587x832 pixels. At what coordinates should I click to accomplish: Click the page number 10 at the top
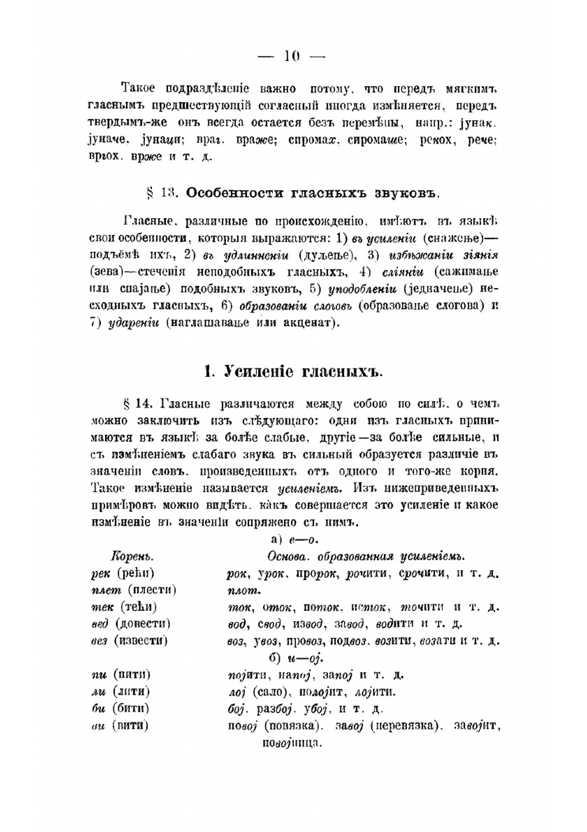coord(292,56)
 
